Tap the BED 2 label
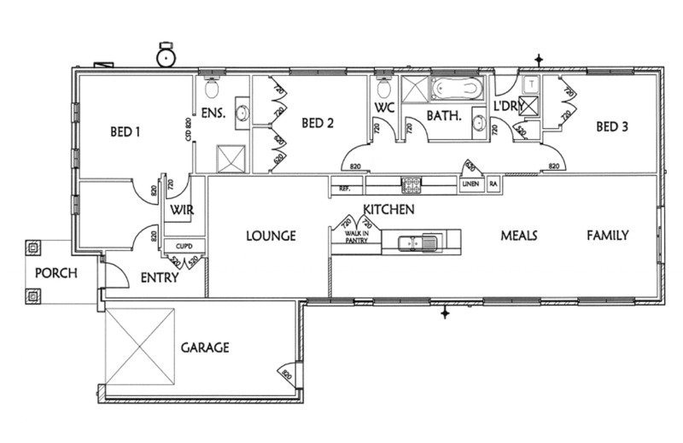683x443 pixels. pyautogui.click(x=317, y=124)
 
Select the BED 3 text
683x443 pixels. pyautogui.click(x=612, y=127)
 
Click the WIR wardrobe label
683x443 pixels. pyautogui.click(x=180, y=209)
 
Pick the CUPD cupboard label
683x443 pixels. pyautogui.click(x=184, y=247)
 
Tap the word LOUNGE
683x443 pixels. pyautogui.click(x=271, y=236)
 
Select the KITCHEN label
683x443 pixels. pyautogui.click(x=388, y=209)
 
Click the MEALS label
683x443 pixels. pyautogui.click(x=518, y=236)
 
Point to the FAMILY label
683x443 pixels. pyautogui.click(x=607, y=235)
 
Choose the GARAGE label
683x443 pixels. pyautogui.click(x=205, y=348)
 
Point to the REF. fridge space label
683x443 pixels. pyautogui.click(x=345, y=188)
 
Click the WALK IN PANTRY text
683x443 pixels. pyautogui.click(x=356, y=237)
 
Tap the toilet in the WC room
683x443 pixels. pyautogui.click(x=384, y=87)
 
